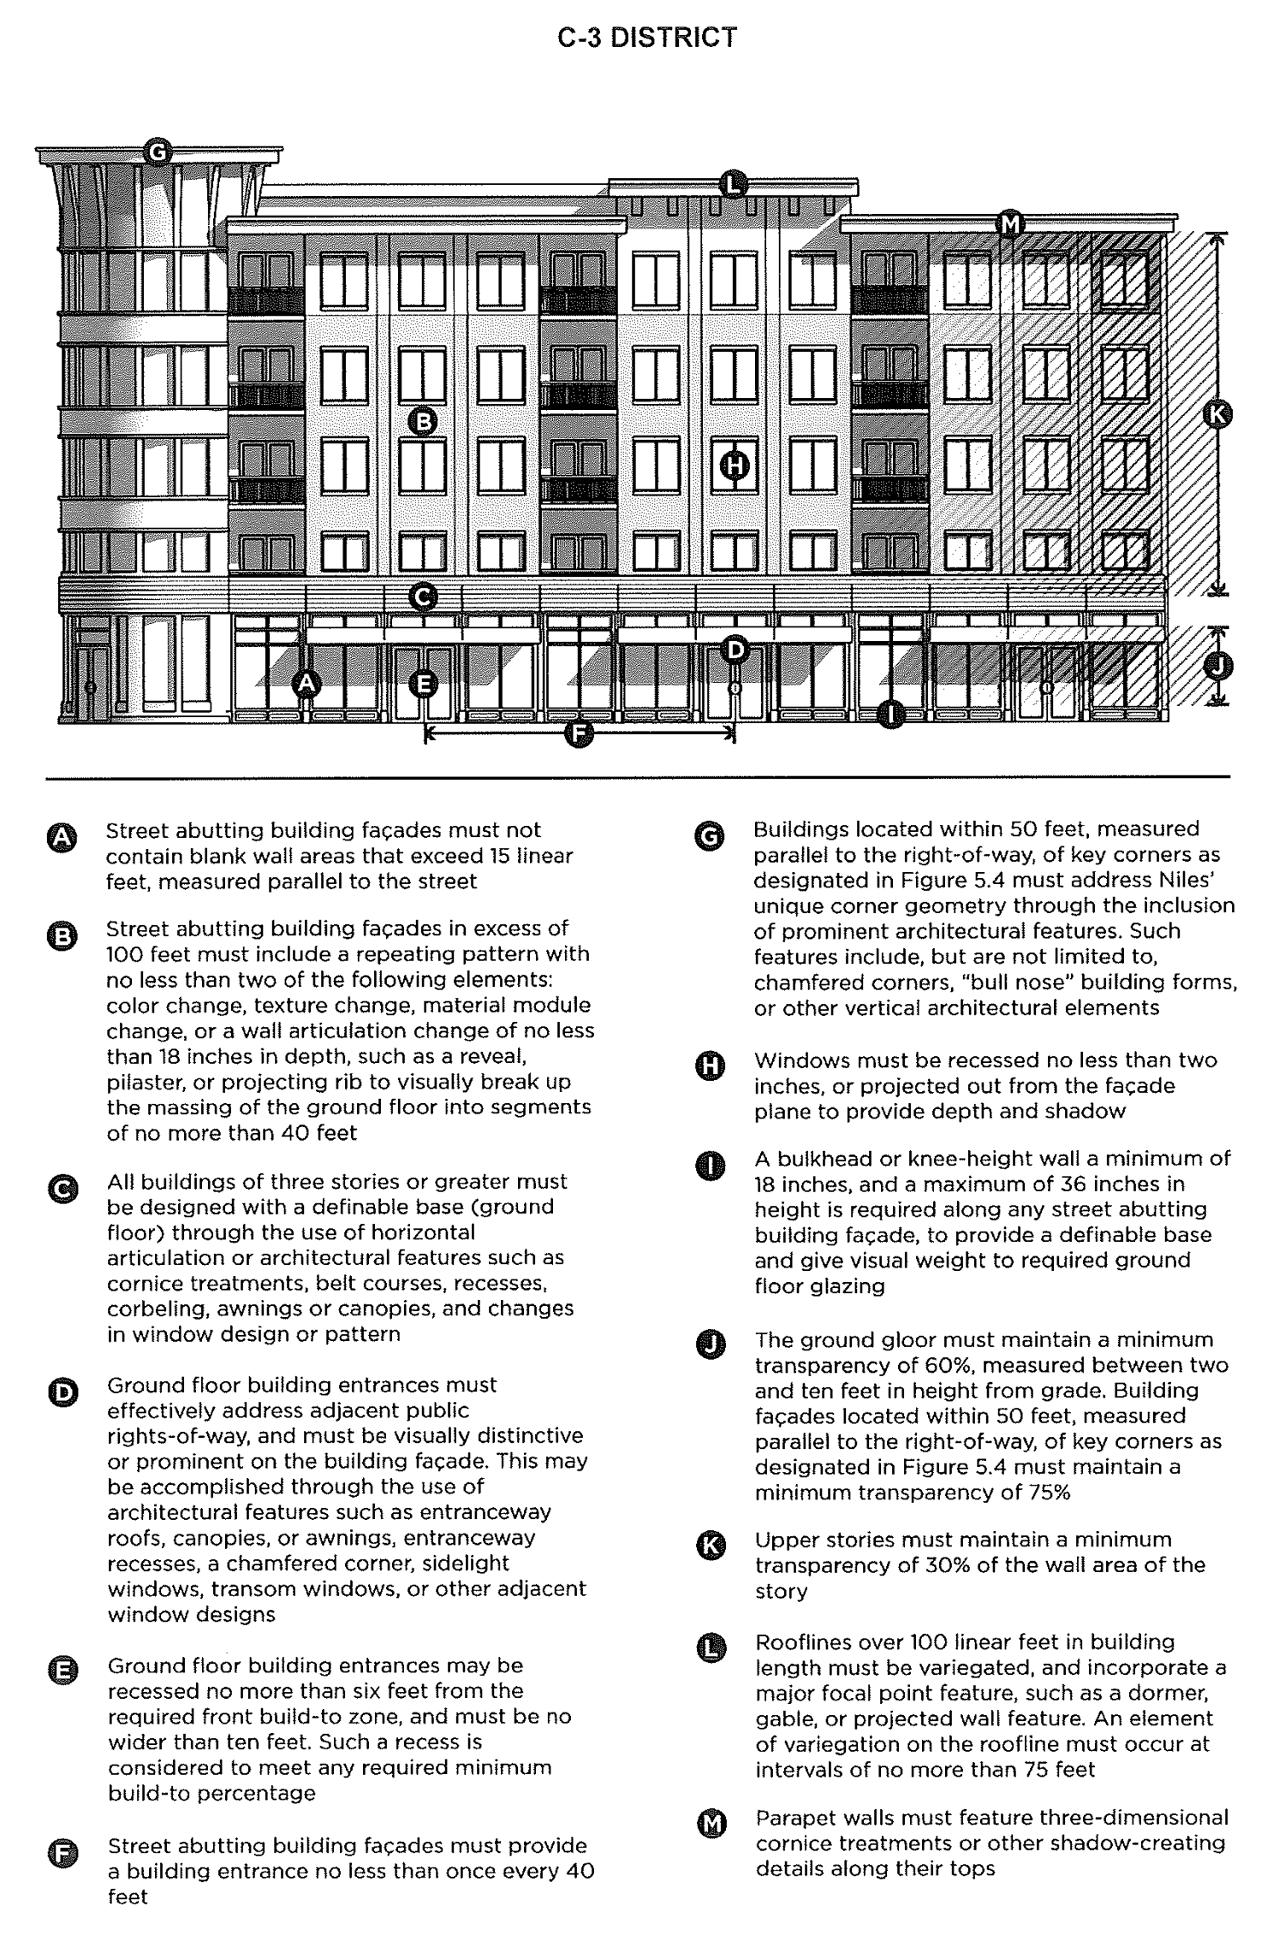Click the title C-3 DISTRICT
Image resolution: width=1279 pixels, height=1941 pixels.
tap(646, 39)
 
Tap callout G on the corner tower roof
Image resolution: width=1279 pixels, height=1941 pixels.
tap(158, 152)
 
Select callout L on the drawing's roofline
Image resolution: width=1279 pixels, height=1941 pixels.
tap(733, 184)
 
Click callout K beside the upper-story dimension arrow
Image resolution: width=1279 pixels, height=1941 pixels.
tap(1217, 415)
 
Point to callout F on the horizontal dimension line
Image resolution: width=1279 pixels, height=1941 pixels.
tap(580, 733)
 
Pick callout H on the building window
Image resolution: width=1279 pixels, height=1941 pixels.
tap(734, 466)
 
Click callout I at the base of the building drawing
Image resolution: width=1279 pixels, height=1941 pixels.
tap(891, 713)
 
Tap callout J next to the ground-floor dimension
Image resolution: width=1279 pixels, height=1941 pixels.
tap(1218, 666)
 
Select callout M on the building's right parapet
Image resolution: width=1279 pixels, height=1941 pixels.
tap(1011, 225)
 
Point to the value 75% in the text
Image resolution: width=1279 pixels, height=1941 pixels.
tap(1039, 1493)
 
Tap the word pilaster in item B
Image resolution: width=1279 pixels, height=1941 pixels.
tap(143, 1082)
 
